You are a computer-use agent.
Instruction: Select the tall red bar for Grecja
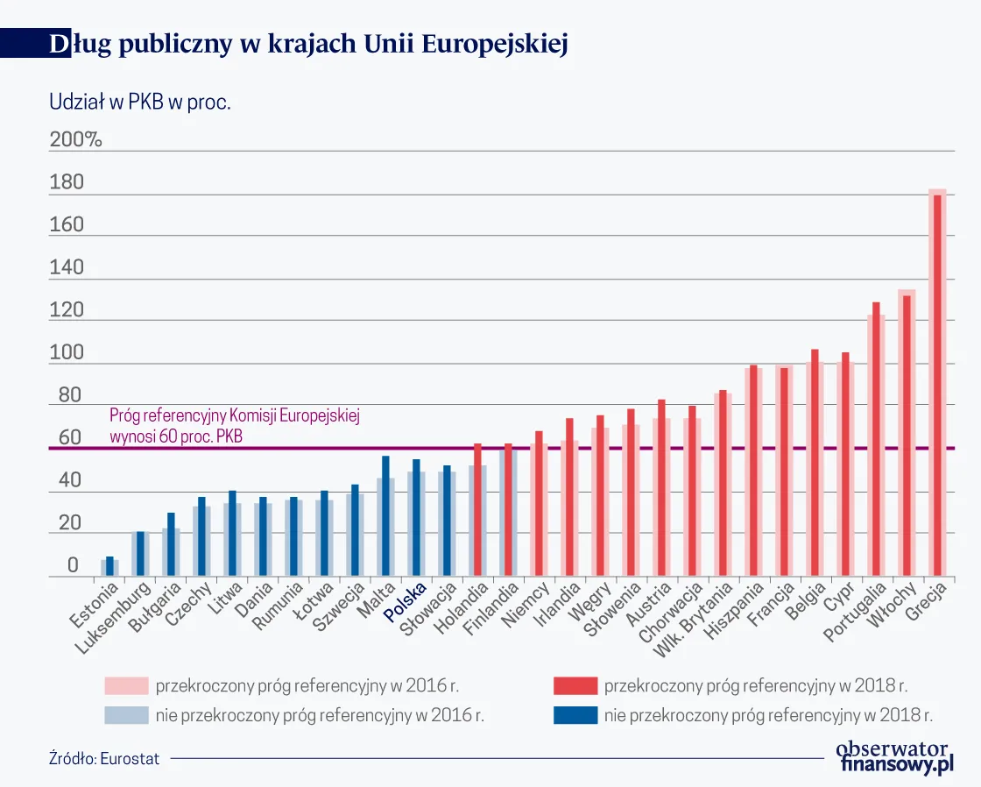[937, 386]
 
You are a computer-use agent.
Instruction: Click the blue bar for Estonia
[109, 567]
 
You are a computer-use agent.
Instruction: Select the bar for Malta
[385, 517]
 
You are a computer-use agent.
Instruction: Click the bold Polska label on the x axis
[408, 603]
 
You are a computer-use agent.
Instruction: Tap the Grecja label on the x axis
[928, 603]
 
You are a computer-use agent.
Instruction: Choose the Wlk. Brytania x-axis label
[701, 619]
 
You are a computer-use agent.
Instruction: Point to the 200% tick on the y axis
[76, 140]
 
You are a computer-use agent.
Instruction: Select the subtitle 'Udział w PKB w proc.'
[140, 103]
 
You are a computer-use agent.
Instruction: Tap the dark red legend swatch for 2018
[575, 685]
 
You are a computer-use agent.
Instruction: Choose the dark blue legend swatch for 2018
[575, 715]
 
